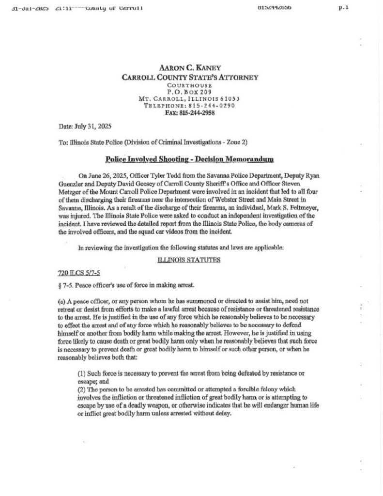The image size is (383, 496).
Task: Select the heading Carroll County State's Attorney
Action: point(189,77)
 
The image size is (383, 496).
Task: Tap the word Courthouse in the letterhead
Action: point(189,85)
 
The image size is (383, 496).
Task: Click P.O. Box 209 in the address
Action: point(189,91)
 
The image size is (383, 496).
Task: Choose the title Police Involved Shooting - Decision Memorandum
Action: point(189,159)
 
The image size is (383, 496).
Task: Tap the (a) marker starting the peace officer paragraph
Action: point(61,302)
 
